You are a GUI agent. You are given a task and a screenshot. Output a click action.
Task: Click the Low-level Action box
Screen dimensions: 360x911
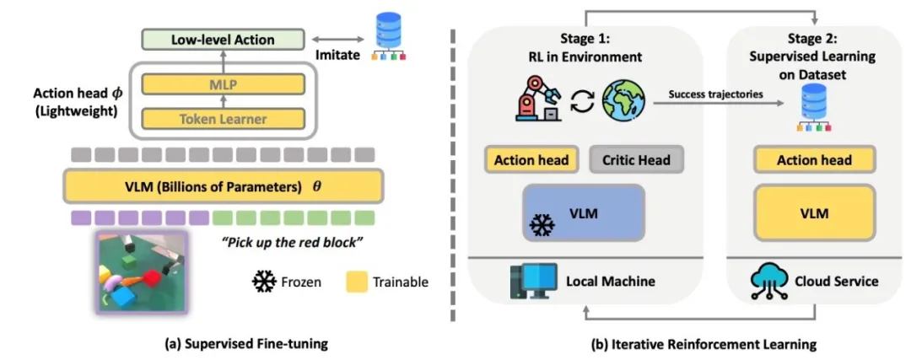click(x=224, y=39)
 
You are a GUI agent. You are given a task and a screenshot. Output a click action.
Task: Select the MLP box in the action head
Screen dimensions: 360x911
click(x=223, y=84)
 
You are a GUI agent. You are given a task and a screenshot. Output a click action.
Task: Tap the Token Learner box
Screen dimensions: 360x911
click(x=223, y=120)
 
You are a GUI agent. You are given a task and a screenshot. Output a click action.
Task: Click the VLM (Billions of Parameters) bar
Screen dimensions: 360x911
click(x=223, y=186)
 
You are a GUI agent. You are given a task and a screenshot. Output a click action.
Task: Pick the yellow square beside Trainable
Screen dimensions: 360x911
click(x=358, y=282)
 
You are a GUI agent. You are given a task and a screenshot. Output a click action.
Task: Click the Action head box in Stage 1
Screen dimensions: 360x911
click(x=531, y=160)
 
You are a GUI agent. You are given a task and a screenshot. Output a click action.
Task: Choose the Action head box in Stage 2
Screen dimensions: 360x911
click(x=814, y=160)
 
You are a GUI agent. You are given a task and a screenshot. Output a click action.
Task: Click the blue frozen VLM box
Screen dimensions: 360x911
click(x=584, y=213)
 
